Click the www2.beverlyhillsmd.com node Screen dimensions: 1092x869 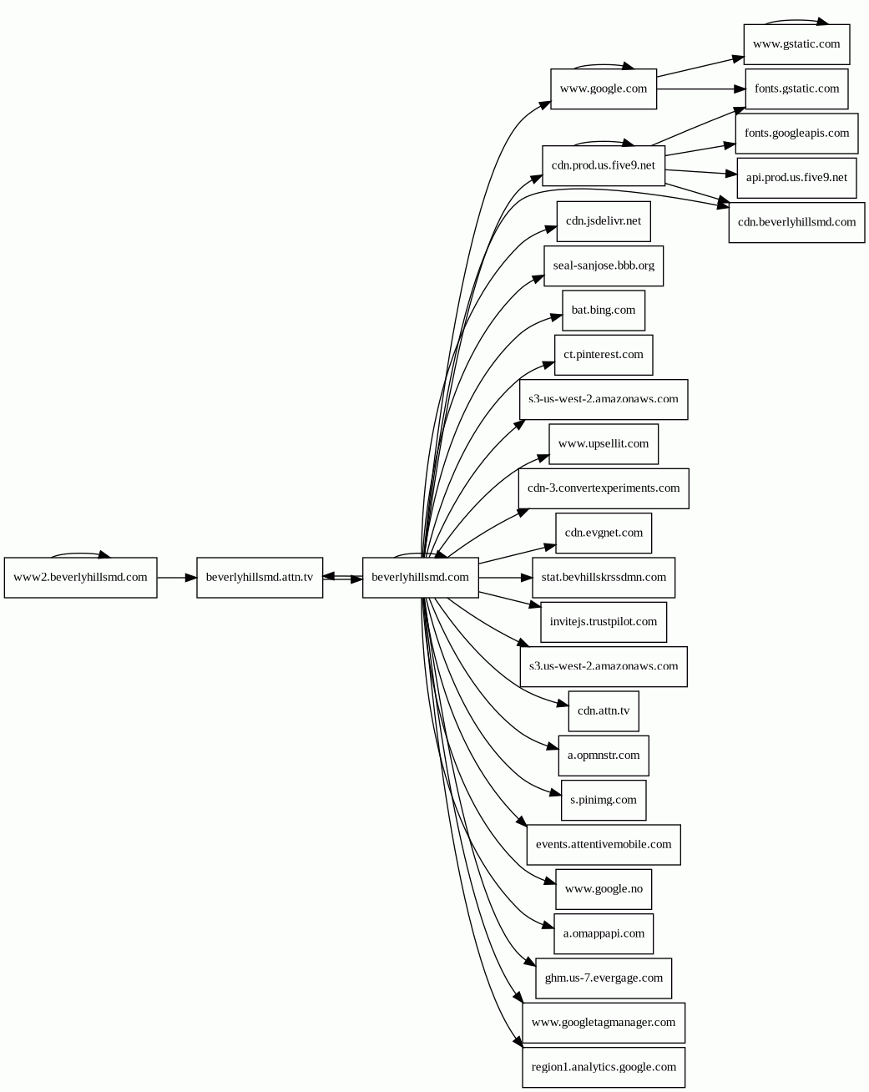(x=80, y=578)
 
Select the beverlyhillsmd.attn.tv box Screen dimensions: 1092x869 (x=260, y=578)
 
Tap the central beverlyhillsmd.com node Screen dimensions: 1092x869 (x=420, y=578)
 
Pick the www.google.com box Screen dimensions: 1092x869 (x=604, y=88)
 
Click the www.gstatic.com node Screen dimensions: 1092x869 (x=796, y=44)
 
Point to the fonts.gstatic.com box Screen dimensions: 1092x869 (x=796, y=88)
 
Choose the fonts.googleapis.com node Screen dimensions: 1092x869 (x=796, y=134)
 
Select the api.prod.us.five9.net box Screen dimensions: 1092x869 (x=796, y=178)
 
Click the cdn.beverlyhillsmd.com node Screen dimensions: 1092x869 (x=796, y=223)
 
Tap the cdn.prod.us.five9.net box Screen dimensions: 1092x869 (x=604, y=165)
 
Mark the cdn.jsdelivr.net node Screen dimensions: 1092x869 (x=604, y=221)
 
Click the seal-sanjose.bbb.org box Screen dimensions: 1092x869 (x=604, y=266)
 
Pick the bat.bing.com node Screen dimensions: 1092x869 (x=604, y=311)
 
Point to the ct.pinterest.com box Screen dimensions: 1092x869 (x=604, y=355)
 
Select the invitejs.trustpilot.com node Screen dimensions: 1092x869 (x=604, y=622)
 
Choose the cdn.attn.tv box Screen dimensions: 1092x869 (x=604, y=711)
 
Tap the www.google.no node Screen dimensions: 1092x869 (x=604, y=889)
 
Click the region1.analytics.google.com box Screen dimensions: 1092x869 (x=604, y=1067)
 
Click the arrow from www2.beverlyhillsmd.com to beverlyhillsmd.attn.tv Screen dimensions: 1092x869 (x=176, y=578)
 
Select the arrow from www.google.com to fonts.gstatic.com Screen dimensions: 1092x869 (x=701, y=88)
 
